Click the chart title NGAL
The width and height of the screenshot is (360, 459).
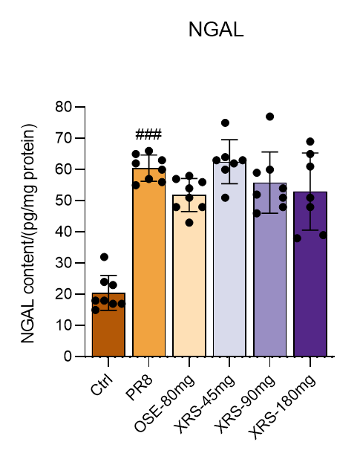(x=216, y=30)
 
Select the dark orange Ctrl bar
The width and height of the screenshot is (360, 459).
(x=108, y=325)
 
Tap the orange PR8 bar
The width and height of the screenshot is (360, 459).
(x=149, y=262)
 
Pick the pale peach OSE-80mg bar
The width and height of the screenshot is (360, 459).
(x=189, y=276)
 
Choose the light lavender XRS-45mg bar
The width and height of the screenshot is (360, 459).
(x=229, y=259)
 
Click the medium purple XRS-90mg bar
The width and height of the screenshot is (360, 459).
(x=269, y=270)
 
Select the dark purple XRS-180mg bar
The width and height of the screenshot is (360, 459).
(x=310, y=274)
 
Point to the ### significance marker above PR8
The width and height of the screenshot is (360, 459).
(x=148, y=134)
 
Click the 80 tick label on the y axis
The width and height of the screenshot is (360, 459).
(x=63, y=107)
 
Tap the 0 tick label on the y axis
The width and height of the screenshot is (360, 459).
(x=68, y=357)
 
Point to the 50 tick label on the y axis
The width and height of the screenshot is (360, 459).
(x=63, y=201)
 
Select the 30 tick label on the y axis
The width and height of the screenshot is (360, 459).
(x=63, y=263)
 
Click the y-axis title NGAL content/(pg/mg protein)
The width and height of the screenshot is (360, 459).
(x=29, y=233)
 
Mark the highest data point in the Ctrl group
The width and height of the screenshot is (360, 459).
(x=104, y=257)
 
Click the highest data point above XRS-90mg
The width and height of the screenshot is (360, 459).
(x=269, y=117)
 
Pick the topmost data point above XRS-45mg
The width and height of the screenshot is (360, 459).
(x=225, y=123)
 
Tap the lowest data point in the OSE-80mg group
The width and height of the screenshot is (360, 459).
(x=189, y=223)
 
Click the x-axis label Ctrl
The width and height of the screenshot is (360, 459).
(x=102, y=385)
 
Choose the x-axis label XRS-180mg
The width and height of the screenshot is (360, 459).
(x=282, y=406)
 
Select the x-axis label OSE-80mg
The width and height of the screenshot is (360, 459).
(x=164, y=403)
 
